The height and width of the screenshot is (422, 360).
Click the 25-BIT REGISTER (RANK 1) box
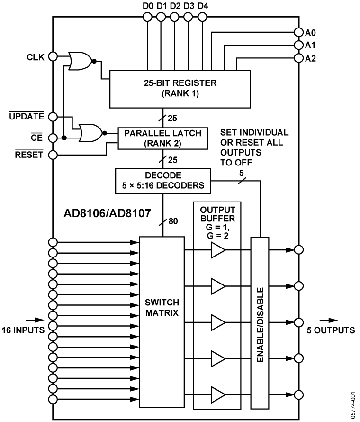point(180,89)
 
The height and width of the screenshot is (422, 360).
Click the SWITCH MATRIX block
point(161,321)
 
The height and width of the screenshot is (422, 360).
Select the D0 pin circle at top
point(148,18)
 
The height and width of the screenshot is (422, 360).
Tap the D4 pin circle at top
point(202,18)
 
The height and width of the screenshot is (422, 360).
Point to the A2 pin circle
point(298,58)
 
